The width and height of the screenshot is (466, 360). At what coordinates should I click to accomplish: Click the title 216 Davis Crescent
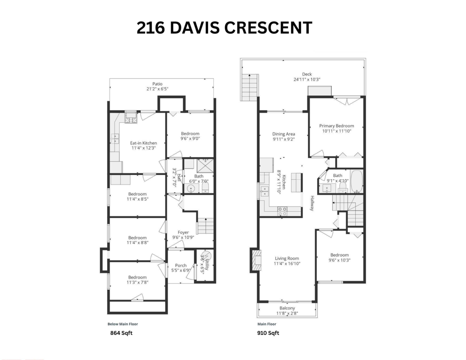tap(224, 28)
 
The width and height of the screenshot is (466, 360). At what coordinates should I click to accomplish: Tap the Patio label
tap(157, 84)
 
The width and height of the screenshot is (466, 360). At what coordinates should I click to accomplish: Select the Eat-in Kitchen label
tap(143, 143)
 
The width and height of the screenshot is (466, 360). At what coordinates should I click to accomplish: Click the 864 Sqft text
tap(122, 333)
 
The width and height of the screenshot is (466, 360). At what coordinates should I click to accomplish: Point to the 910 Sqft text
tap(268, 333)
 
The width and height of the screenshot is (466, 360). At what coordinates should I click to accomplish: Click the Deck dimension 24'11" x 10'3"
tap(307, 80)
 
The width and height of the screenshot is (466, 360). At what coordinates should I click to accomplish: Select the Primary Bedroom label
tap(336, 126)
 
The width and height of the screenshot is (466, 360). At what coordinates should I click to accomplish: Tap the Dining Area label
tap(283, 134)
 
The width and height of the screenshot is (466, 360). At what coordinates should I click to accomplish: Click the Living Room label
tap(287, 258)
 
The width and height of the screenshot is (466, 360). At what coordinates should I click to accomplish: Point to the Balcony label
tap(287, 308)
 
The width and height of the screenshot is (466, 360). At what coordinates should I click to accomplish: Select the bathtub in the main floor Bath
tap(356, 181)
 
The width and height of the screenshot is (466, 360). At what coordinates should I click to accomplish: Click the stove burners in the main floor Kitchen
tap(282, 211)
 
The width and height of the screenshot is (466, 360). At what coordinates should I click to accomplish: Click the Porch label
tap(181, 266)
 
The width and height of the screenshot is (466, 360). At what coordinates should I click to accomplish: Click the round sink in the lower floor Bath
tap(191, 189)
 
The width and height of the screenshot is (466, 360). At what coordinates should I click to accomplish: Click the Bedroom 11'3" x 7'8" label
tap(137, 277)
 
